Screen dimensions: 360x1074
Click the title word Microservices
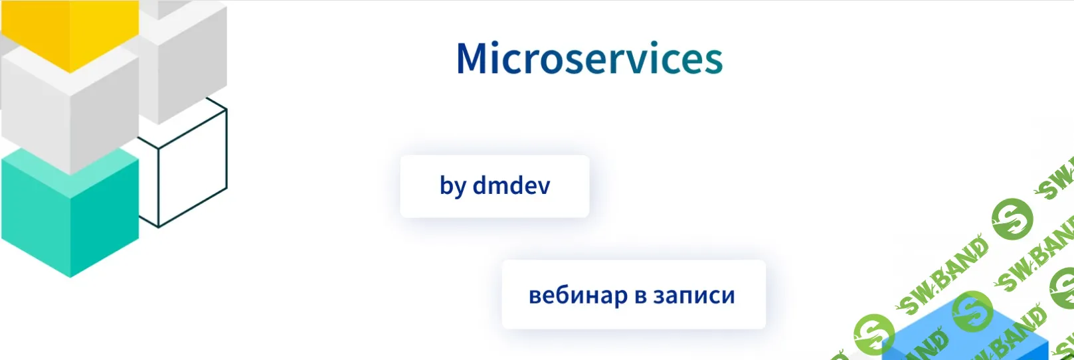tap(589, 58)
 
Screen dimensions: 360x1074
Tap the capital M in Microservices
tap(473, 58)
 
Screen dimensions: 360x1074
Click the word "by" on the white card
tap(453, 186)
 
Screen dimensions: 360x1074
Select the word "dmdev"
tap(511, 185)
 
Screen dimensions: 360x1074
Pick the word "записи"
tap(694, 296)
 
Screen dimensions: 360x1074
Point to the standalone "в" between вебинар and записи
tap(641, 296)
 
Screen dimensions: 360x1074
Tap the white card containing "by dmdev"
tap(494, 186)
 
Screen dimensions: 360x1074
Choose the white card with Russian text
tap(633, 294)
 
